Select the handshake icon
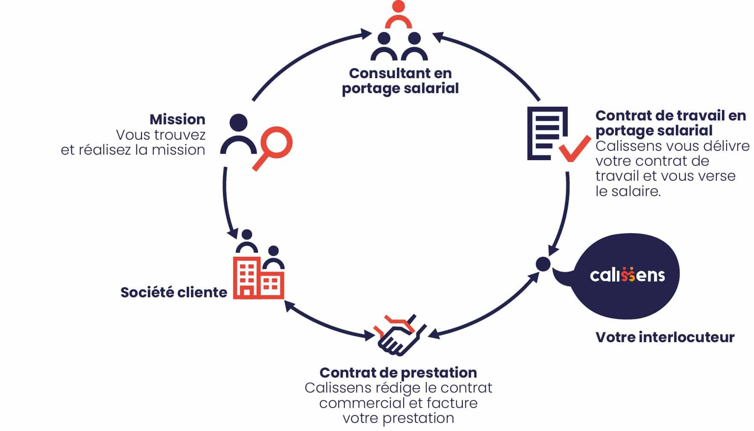tap(399, 336)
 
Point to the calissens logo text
tap(627, 275)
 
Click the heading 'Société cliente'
tap(173, 293)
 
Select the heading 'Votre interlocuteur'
tap(665, 337)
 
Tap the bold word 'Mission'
tap(177, 119)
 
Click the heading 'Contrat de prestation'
tap(398, 372)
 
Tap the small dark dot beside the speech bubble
tap(543, 264)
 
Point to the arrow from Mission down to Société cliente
tap(227, 201)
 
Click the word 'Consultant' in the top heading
tap(382, 73)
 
